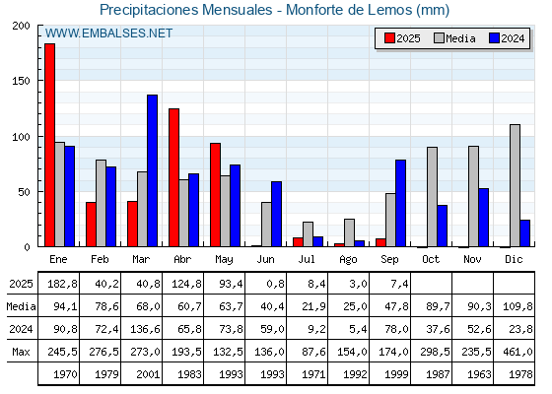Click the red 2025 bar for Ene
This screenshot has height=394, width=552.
click(49, 145)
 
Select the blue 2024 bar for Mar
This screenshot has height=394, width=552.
click(153, 170)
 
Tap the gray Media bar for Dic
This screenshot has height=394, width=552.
click(515, 185)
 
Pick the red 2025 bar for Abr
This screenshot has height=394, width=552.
click(173, 177)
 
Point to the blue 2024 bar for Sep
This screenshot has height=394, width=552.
click(400, 203)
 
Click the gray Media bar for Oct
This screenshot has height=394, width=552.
click(432, 197)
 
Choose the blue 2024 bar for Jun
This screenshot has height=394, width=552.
click(276, 214)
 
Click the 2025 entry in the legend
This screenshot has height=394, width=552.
click(402, 38)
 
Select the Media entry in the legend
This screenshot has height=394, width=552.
click(454, 38)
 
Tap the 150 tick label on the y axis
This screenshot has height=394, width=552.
click(21, 81)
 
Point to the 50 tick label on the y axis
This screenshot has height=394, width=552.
click(25, 192)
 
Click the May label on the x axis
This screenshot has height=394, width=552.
click(224, 260)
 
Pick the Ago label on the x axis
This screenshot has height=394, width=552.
click(348, 260)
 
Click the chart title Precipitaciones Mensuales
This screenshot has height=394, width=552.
click(186, 10)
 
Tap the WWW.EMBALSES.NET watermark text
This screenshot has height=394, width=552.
click(108, 33)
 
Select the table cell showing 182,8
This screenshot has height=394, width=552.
click(62, 284)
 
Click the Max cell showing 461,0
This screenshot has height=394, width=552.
click(517, 352)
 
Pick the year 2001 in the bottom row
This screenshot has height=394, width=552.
click(148, 374)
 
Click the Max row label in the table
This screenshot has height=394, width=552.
click(21, 352)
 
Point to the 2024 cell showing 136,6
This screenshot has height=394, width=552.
click(145, 329)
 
